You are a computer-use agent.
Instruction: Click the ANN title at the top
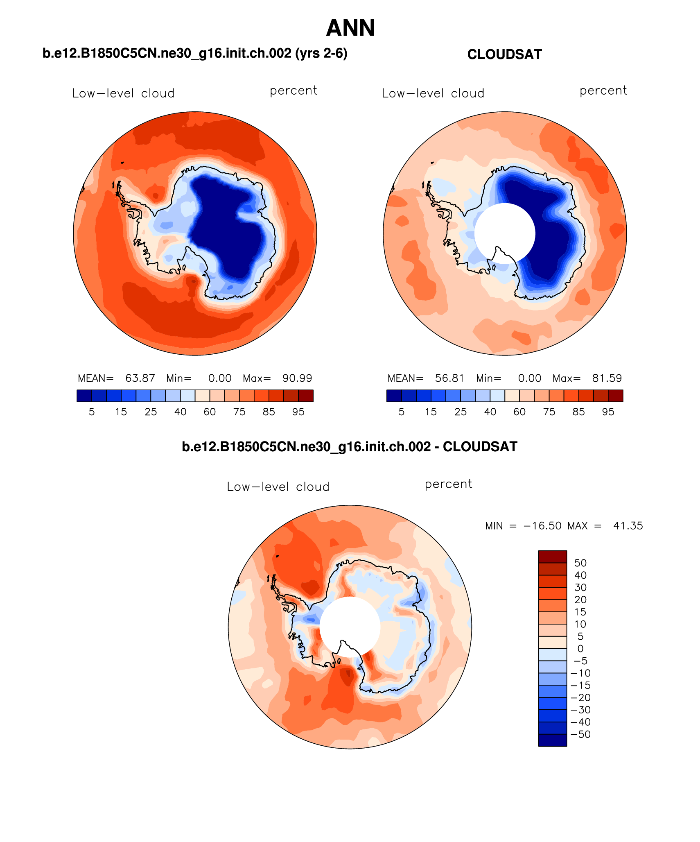pos(350,28)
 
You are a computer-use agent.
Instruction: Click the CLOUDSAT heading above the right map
pos(504,54)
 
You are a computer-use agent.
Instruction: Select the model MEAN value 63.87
pos(140,378)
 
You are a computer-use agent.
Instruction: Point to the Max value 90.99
pos(297,378)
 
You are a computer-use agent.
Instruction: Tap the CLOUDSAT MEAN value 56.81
pos(449,378)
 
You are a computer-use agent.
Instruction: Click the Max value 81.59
pos(607,378)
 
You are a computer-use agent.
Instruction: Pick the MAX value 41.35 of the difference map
pos(628,525)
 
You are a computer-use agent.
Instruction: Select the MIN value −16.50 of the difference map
pos(542,525)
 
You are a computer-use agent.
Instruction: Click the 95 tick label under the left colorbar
pos(298,412)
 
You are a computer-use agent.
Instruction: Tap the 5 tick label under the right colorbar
pos(402,412)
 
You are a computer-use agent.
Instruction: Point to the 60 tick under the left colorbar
pos(210,412)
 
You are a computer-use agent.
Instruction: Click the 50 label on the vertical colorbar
pos(580,563)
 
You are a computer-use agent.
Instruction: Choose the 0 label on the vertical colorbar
pos(580,649)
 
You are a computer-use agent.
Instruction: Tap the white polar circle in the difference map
pos(350,627)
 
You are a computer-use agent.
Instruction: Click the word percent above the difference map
pos(448,484)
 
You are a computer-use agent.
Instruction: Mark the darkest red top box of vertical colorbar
pos(552,557)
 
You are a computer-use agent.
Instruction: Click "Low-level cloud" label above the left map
pos(123,93)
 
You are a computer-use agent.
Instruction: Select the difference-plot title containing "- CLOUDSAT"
pos(350,446)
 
